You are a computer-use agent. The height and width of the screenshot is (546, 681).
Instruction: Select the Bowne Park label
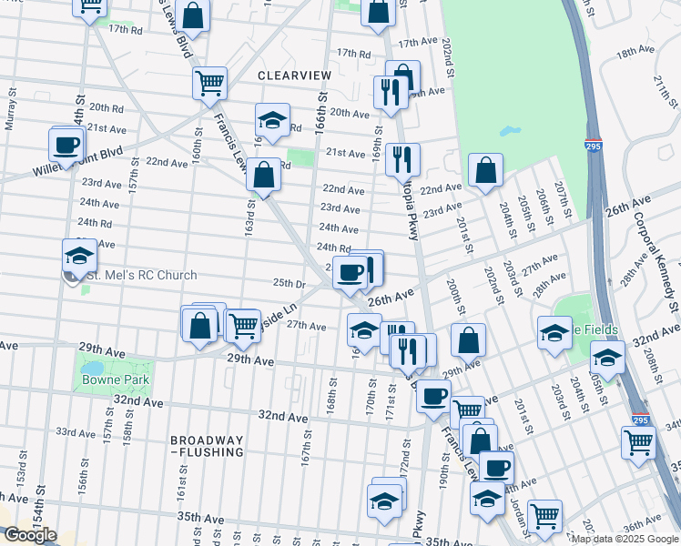point(115,378)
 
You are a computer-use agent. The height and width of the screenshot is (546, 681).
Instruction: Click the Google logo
point(29,535)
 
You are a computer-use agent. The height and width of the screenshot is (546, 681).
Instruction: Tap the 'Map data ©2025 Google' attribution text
point(625,539)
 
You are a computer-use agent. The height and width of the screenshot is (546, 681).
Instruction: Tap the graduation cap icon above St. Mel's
point(79,256)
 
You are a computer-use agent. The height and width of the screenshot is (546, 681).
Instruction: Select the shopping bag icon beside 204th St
point(486,169)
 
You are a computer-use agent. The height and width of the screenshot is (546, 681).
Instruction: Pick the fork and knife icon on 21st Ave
point(401,159)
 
